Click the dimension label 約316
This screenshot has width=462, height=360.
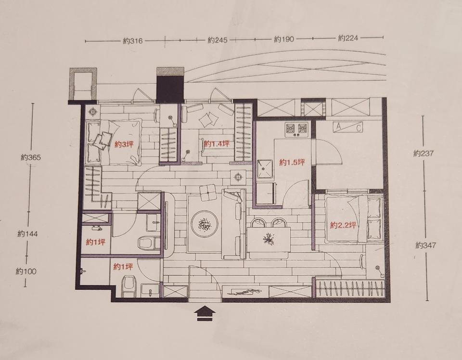(133, 40)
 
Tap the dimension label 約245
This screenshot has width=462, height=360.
(218, 40)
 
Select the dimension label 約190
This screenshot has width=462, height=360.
(284, 39)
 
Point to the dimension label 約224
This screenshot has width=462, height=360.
(348, 38)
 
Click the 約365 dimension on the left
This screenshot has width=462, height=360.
(31, 157)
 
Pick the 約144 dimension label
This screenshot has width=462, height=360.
(28, 234)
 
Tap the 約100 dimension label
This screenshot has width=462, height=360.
(26, 271)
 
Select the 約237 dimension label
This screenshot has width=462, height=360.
(423, 153)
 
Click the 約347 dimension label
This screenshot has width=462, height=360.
(426, 245)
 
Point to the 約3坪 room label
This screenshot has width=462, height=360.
(124, 144)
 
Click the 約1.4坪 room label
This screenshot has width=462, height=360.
(217, 144)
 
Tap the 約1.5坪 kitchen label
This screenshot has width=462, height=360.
(292, 162)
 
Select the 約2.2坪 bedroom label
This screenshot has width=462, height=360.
(344, 225)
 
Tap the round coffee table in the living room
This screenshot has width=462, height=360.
(205, 223)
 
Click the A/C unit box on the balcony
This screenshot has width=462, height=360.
(347, 127)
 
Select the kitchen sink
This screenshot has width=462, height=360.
(265, 169)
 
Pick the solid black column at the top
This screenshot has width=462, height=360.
(170, 89)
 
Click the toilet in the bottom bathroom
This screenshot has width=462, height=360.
(128, 285)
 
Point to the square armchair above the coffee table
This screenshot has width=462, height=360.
(208, 193)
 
